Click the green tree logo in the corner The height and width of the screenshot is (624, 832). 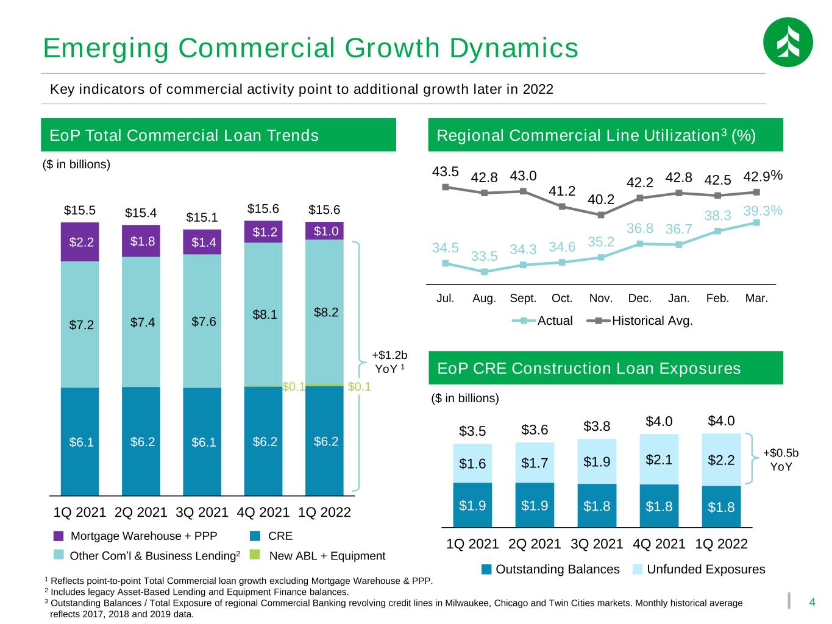pyautogui.click(x=788, y=42)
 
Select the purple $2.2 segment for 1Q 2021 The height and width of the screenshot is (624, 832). pyautogui.click(x=80, y=242)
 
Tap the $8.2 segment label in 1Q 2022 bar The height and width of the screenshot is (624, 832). pyautogui.click(x=325, y=312)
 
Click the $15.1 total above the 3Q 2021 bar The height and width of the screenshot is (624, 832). pyautogui.click(x=202, y=218)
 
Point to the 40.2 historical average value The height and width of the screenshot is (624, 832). pyautogui.click(x=601, y=199)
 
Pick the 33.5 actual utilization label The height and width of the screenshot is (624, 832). pyautogui.click(x=484, y=256)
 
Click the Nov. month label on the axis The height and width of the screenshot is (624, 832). pyautogui.click(x=601, y=298)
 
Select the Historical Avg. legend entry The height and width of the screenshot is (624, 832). pyautogui.click(x=639, y=321)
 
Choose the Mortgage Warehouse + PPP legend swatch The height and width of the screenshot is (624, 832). pyautogui.click(x=59, y=536)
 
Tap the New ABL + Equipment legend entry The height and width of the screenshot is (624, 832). pyautogui.click(x=318, y=556)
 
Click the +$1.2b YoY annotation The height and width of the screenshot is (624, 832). pyautogui.click(x=389, y=362)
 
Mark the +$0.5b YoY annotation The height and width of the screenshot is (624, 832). pyautogui.click(x=781, y=459)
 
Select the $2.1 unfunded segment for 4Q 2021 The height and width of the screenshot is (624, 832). pyautogui.click(x=659, y=459)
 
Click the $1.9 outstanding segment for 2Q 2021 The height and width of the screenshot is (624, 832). pyautogui.click(x=535, y=505)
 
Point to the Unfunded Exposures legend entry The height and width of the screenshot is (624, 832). pyautogui.click(x=699, y=569)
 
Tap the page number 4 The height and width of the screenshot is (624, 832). pyautogui.click(x=812, y=602)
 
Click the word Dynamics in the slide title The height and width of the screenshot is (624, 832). pyautogui.click(x=514, y=49)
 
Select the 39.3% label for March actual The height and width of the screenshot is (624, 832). pyautogui.click(x=763, y=210)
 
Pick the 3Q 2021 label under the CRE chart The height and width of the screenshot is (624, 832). pyautogui.click(x=597, y=544)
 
